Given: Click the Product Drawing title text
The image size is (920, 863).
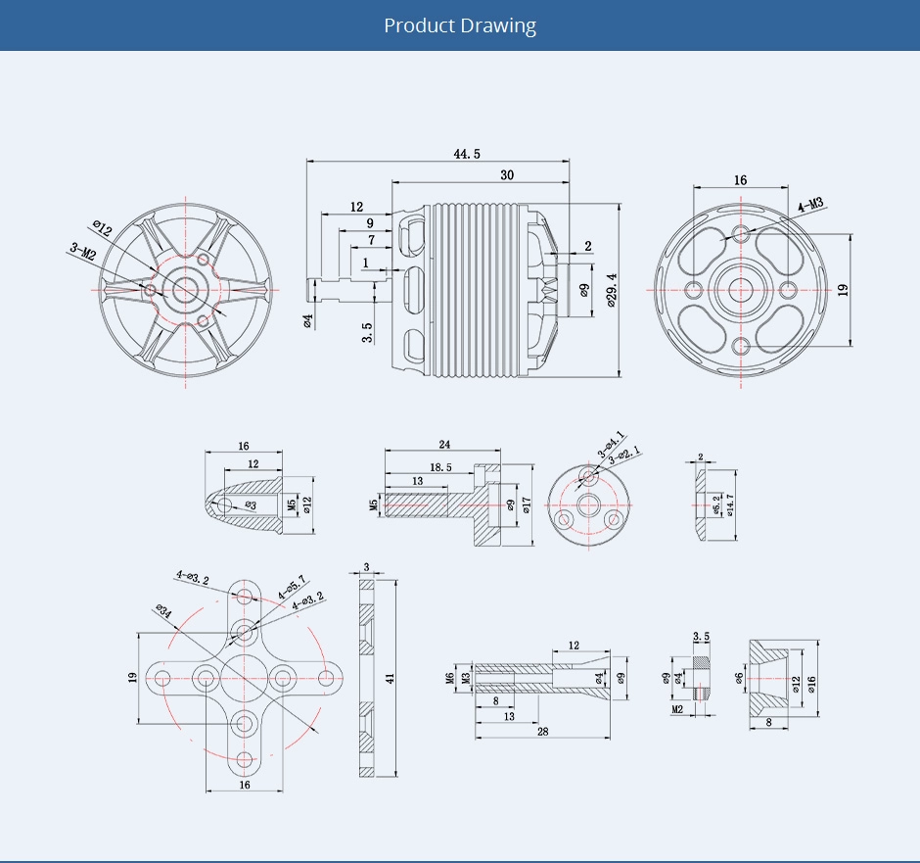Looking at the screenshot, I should click(460, 25).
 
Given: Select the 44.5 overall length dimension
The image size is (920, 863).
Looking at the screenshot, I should click(467, 155).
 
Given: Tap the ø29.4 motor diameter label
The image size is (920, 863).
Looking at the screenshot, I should click(612, 290).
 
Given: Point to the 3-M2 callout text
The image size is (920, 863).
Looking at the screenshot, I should click(82, 252).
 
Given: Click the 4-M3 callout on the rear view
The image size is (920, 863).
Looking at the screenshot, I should click(810, 205).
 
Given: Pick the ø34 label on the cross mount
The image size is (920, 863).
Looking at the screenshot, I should click(162, 613).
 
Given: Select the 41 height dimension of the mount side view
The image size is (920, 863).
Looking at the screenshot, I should click(389, 678).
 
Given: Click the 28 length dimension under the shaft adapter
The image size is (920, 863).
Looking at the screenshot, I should click(541, 732).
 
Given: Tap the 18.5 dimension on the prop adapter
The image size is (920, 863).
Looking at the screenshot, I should click(439, 468).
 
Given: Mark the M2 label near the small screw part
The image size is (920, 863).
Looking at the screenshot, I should click(676, 708).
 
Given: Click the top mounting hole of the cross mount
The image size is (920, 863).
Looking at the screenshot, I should click(244, 597).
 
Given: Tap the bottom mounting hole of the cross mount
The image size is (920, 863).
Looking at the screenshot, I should click(244, 757).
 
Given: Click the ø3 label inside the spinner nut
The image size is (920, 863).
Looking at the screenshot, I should click(251, 505).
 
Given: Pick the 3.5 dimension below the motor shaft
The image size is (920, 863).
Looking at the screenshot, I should click(367, 332).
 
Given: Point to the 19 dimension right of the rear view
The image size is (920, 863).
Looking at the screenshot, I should click(843, 290).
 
